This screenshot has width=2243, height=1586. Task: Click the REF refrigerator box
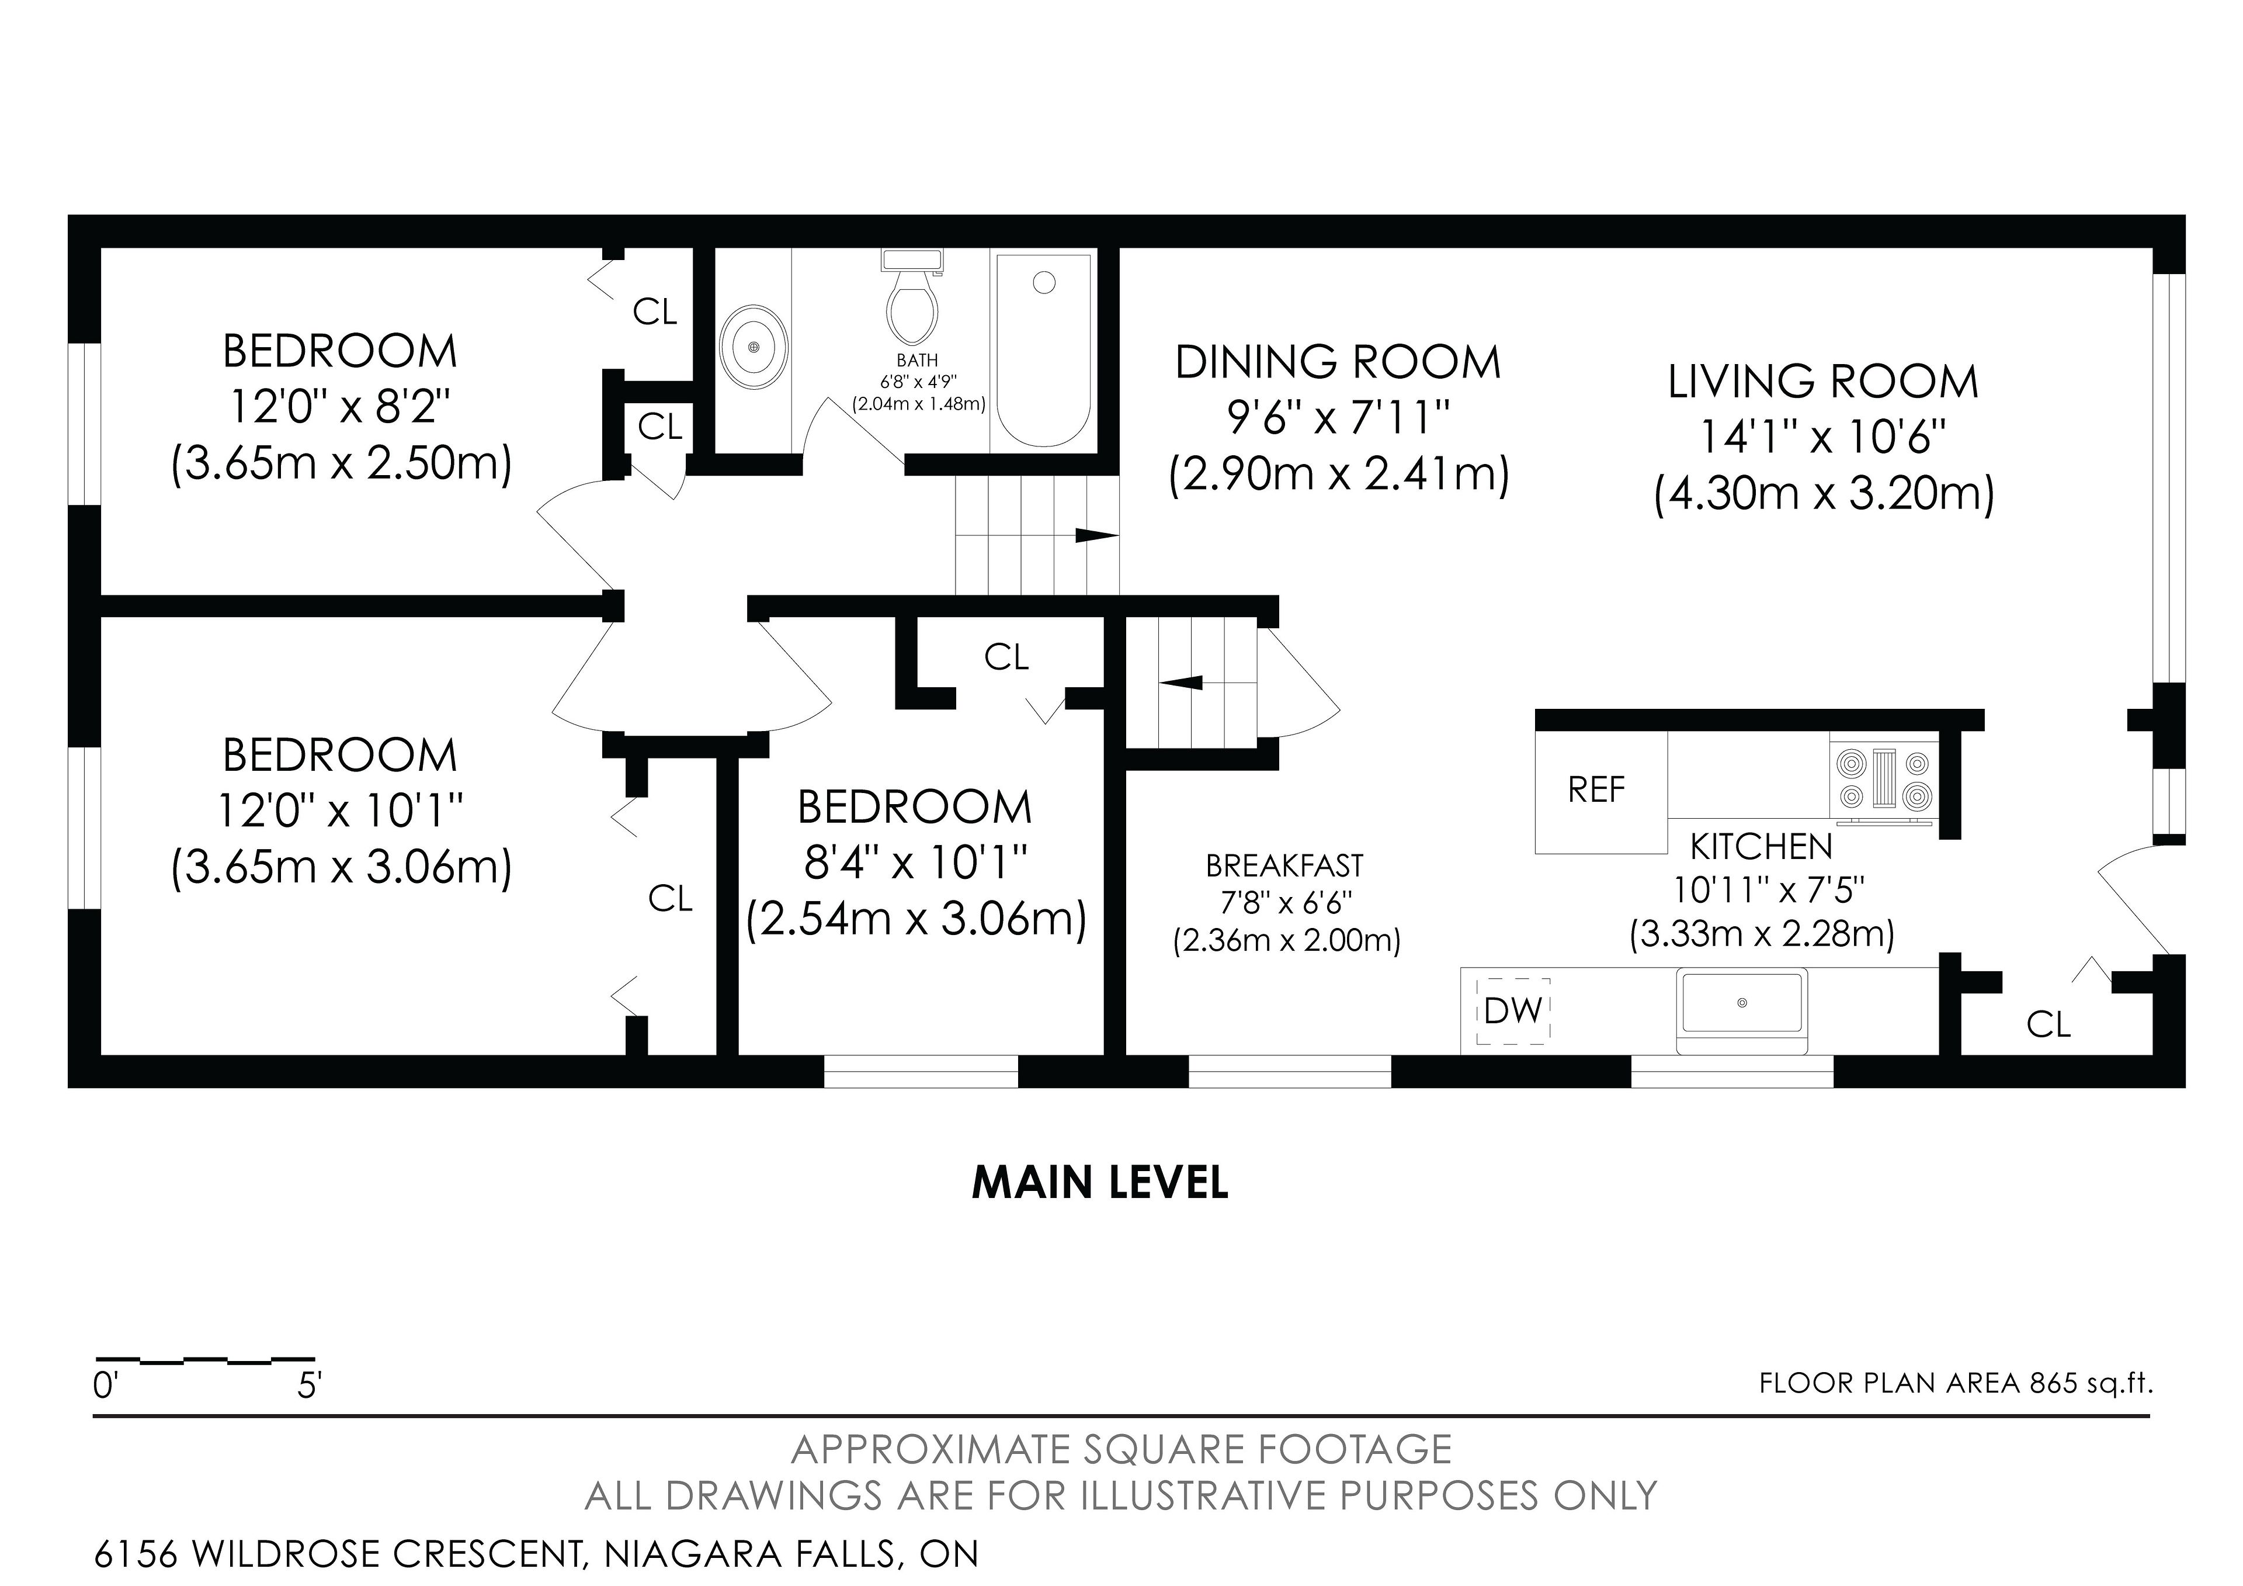1600,791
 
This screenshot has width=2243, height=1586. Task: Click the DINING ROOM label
1338,362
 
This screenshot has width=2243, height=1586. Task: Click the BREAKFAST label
1284,866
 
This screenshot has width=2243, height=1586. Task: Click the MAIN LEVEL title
1100,1182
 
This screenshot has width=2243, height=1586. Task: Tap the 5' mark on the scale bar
310,1385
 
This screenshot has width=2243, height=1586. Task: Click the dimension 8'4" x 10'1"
915,863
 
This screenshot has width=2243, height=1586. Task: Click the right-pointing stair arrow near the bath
1096,535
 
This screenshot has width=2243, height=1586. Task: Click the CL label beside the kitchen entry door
2048,1024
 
